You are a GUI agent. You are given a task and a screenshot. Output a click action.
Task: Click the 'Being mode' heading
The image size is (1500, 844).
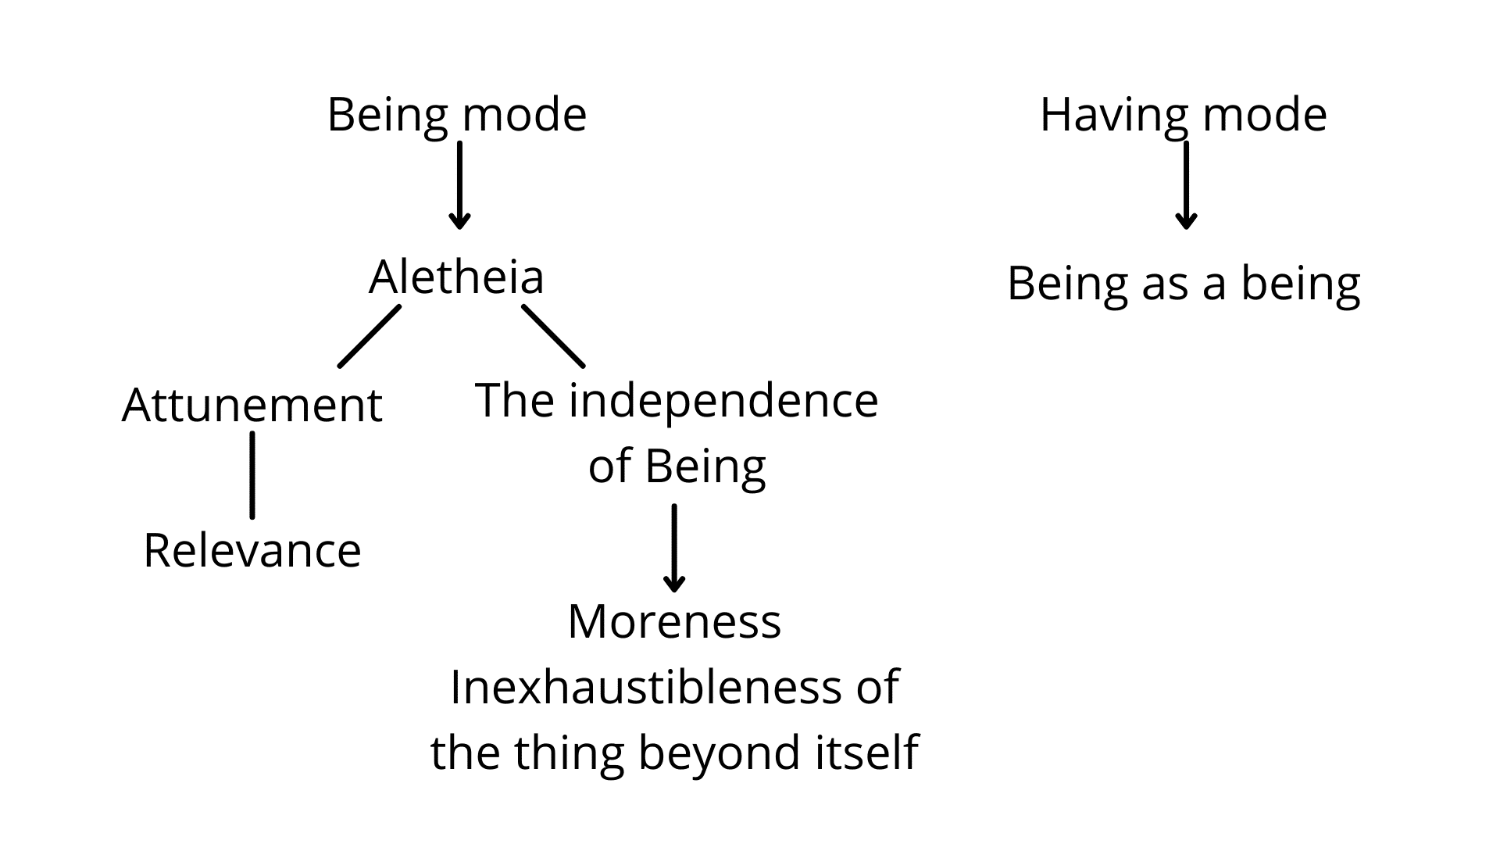(456, 116)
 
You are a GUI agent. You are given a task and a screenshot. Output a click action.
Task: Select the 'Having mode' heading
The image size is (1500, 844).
(1183, 116)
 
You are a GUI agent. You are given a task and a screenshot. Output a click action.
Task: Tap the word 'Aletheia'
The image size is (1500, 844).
(456, 277)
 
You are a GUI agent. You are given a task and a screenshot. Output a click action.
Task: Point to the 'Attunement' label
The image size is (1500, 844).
(252, 406)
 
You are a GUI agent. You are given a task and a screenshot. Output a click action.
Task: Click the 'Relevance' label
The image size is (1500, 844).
(252, 550)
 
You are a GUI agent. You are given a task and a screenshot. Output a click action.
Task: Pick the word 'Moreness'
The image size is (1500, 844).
(674, 622)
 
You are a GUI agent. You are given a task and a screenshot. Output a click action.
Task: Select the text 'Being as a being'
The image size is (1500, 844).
(1184, 284)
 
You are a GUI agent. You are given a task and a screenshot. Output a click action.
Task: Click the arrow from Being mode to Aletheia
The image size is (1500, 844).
(459, 185)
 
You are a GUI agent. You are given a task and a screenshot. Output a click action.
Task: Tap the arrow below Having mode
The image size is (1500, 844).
(1186, 185)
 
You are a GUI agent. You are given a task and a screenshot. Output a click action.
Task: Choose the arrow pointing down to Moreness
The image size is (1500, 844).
(674, 548)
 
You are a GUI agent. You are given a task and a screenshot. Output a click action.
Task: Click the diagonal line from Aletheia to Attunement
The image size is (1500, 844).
(370, 336)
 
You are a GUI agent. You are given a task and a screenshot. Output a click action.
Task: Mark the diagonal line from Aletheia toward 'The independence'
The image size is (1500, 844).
(553, 336)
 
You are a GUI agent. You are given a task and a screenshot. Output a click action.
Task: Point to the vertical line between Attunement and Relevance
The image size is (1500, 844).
(252, 475)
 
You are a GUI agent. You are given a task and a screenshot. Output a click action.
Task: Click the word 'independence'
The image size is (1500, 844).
(723, 401)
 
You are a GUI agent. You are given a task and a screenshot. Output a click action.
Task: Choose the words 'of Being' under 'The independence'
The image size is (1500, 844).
(677, 467)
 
